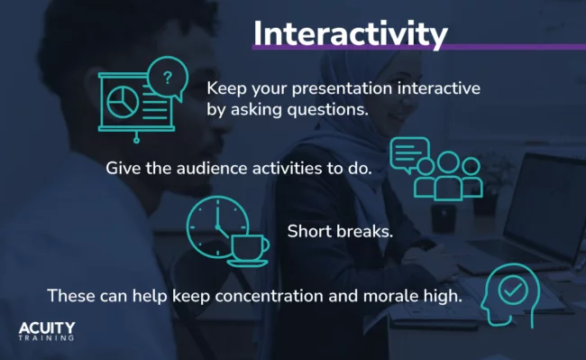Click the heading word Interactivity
(350, 32)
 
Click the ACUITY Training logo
(47, 330)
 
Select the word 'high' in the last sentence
(442, 295)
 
